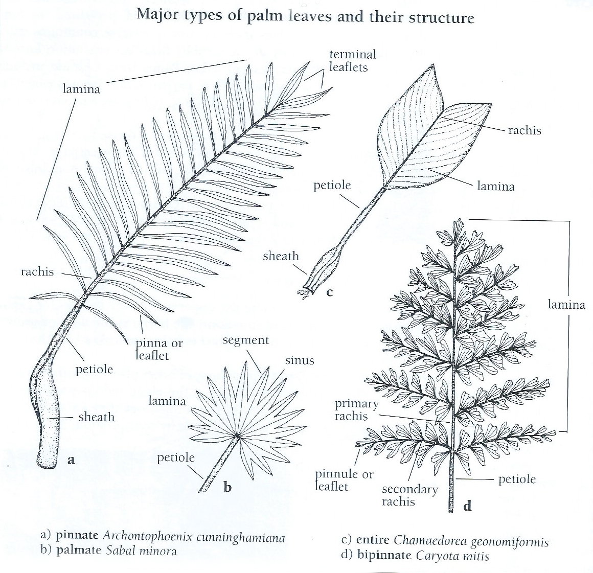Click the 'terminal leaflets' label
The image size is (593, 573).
coord(352,60)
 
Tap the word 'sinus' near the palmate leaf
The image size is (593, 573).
coord(300,360)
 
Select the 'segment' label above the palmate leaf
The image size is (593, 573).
coord(245,340)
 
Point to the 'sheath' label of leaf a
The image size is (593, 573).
coord(96,417)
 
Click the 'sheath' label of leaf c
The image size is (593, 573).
coord(281,256)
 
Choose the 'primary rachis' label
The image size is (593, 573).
coord(356,410)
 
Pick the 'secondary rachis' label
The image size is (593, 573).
coord(409,495)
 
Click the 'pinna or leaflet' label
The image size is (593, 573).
coord(158,349)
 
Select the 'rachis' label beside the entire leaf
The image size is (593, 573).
coord(524,130)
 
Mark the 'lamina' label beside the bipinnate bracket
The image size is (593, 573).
coord(566,305)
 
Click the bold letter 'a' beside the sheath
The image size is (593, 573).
coord(72,460)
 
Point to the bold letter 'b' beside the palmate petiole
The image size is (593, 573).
coord(227,487)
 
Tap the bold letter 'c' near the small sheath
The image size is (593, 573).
coord(330,292)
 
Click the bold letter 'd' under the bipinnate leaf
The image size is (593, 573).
coord(467,506)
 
